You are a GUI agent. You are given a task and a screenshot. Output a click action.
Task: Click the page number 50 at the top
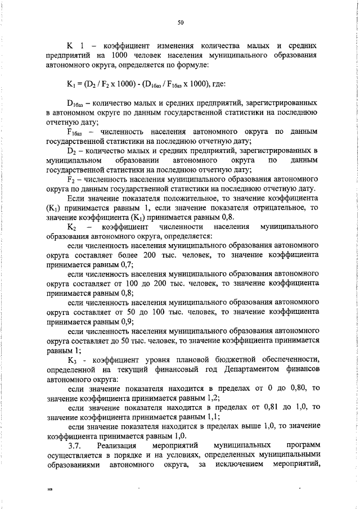point(181,22)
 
